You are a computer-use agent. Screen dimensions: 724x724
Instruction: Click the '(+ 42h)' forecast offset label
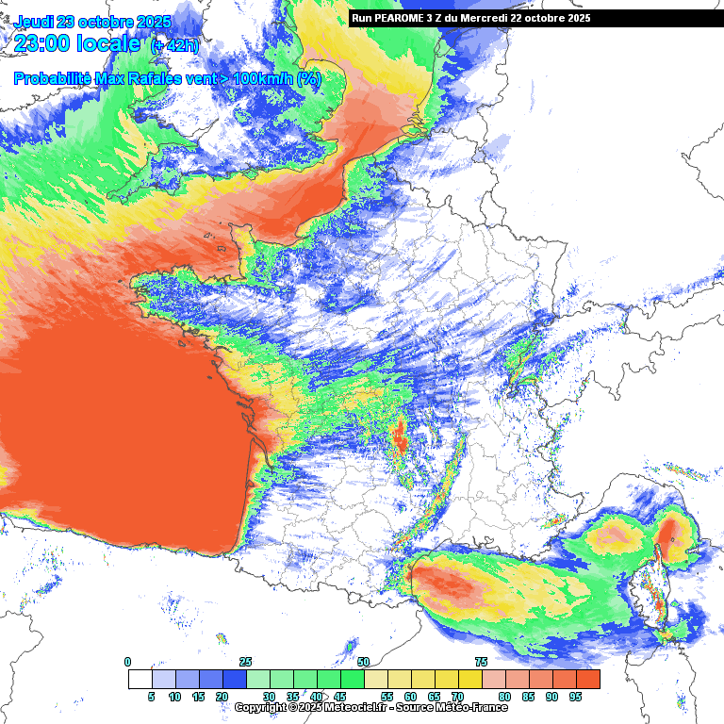(174, 44)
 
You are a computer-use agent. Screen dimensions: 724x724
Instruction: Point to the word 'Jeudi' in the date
(35, 22)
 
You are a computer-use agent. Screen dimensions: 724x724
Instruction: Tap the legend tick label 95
(575, 697)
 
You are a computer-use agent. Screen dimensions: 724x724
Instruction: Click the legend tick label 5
(151, 697)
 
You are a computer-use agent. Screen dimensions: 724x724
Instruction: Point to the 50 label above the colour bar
(363, 662)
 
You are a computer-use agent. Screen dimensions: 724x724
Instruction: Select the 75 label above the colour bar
(481, 662)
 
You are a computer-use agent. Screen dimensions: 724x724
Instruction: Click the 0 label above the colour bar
(128, 662)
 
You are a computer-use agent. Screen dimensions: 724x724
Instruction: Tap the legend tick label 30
(269, 697)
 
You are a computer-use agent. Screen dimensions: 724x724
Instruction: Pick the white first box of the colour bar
(140, 679)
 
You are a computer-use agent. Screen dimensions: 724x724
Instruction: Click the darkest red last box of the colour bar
(587, 679)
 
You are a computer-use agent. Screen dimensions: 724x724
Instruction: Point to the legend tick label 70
(457, 697)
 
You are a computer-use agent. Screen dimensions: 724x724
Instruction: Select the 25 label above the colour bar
(245, 662)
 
